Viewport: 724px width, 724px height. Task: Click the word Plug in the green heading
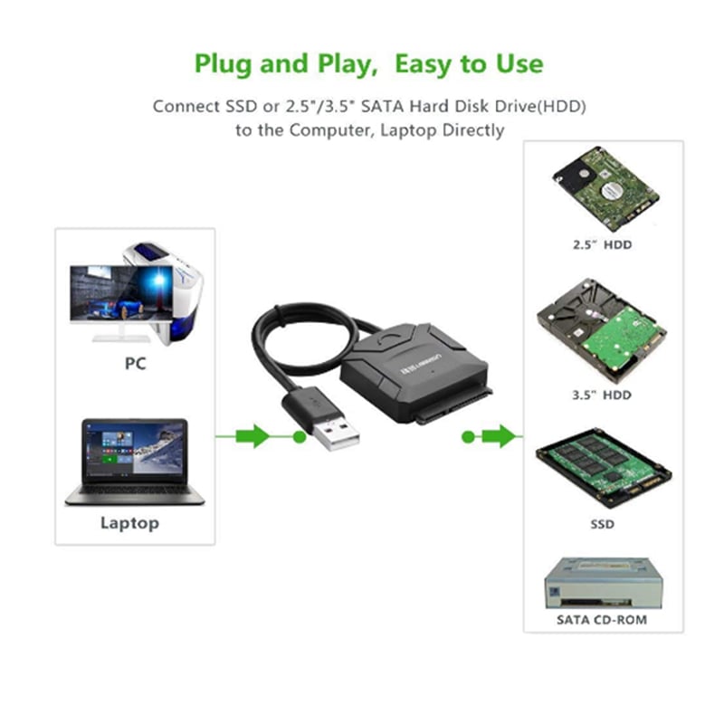tap(224, 64)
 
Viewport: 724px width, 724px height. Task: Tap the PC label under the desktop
tap(135, 365)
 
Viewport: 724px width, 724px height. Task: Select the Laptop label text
tap(129, 522)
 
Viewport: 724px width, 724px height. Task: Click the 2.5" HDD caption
tap(602, 244)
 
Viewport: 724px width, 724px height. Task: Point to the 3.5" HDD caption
tap(602, 395)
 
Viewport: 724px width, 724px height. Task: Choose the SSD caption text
tap(602, 523)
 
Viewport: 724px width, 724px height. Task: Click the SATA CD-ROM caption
tap(603, 620)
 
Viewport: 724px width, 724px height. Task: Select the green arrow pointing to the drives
tap(499, 437)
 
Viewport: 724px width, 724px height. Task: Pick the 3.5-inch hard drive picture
tap(602, 329)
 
